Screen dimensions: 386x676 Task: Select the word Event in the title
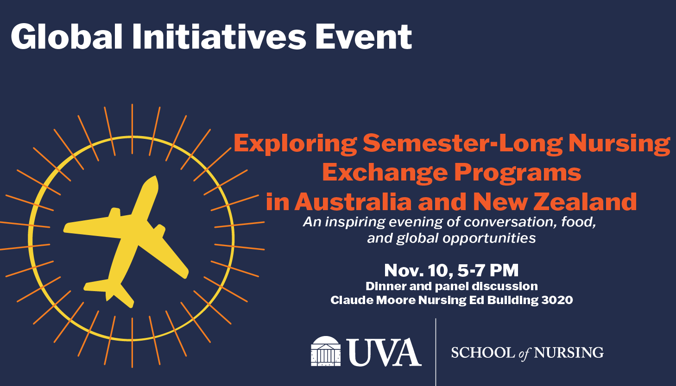[x=364, y=37]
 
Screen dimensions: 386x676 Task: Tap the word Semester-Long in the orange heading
[x=463, y=143]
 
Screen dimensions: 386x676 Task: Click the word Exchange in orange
[x=385, y=173]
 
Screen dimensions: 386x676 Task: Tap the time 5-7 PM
[x=488, y=270]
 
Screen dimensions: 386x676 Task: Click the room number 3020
[x=557, y=300]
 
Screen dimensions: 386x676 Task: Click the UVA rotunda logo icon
[x=326, y=351]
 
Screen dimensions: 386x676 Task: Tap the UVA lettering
[x=384, y=352]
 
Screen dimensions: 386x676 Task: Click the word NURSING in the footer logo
[x=569, y=353]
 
